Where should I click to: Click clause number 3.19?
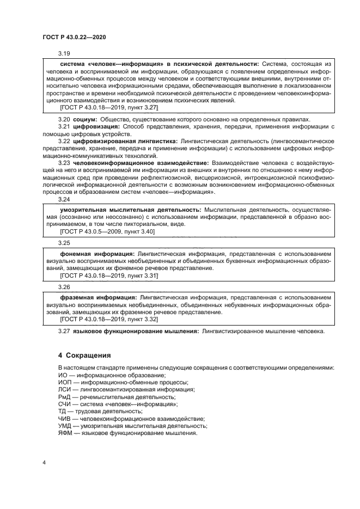click(64, 53)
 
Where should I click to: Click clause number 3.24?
click(64, 199)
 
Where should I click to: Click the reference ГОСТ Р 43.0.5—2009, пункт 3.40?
click(107, 231)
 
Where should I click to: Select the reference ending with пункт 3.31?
click(109, 275)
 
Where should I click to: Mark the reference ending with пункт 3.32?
click(109, 320)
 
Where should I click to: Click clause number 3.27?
click(64, 332)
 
